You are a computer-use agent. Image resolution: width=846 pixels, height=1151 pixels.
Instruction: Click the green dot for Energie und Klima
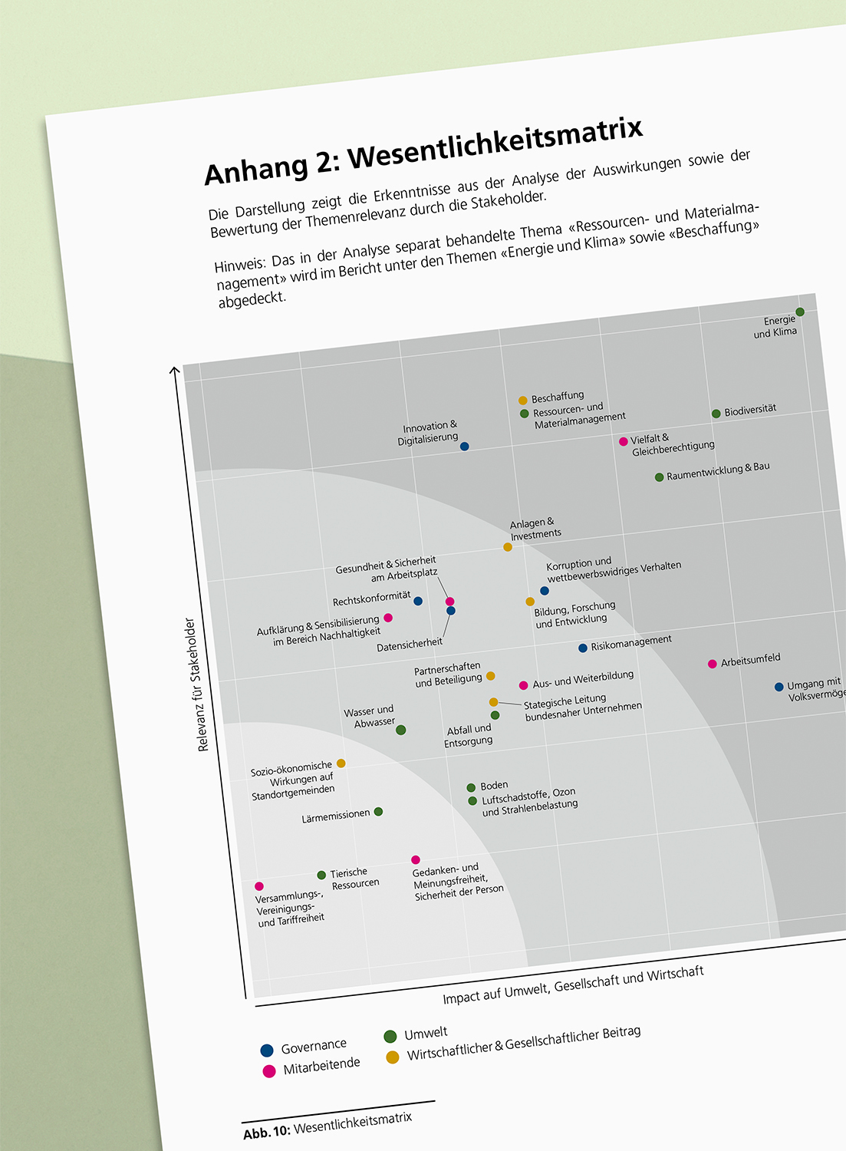coord(800,312)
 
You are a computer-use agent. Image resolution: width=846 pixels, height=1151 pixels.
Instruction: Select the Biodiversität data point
coord(716,414)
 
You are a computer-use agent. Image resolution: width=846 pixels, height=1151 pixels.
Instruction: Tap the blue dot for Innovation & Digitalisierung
coord(464,447)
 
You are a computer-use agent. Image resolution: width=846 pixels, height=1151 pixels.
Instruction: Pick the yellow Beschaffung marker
coord(523,401)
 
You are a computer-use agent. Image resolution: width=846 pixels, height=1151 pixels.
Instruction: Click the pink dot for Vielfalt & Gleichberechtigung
coord(624,442)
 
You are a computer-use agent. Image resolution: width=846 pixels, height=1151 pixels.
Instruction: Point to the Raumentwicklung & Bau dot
coord(659,477)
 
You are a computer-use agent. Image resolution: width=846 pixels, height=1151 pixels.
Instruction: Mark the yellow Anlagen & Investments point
coord(508,547)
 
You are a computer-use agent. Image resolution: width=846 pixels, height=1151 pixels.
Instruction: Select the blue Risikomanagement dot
coord(583,648)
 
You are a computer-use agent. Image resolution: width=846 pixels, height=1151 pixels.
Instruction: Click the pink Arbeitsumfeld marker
coord(713,664)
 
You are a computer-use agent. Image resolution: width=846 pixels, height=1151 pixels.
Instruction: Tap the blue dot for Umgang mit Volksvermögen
coord(779,687)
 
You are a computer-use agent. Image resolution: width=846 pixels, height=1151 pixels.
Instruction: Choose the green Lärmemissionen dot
coord(378,812)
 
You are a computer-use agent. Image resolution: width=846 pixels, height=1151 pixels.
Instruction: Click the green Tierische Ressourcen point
coord(321,876)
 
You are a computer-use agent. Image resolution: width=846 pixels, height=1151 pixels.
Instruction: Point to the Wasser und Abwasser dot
coord(400,730)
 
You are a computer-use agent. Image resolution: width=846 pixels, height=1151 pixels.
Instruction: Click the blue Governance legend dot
coord(267,1050)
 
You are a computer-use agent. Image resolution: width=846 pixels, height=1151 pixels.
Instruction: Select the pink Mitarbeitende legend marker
coord(269,1071)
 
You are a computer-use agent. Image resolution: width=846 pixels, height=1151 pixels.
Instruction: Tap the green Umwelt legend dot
coord(390,1037)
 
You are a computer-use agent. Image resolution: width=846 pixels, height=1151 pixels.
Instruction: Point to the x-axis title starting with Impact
coord(573,985)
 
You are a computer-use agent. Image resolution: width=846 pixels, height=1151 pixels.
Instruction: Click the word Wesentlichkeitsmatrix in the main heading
coord(495,143)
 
